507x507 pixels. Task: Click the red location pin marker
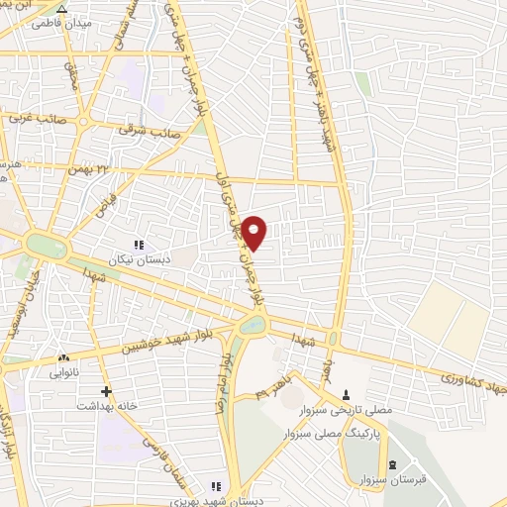254,232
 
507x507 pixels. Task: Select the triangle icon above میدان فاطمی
63,9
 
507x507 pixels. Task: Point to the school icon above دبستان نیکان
139,244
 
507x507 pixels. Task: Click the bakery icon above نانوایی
64,358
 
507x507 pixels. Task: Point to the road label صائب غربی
32,116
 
